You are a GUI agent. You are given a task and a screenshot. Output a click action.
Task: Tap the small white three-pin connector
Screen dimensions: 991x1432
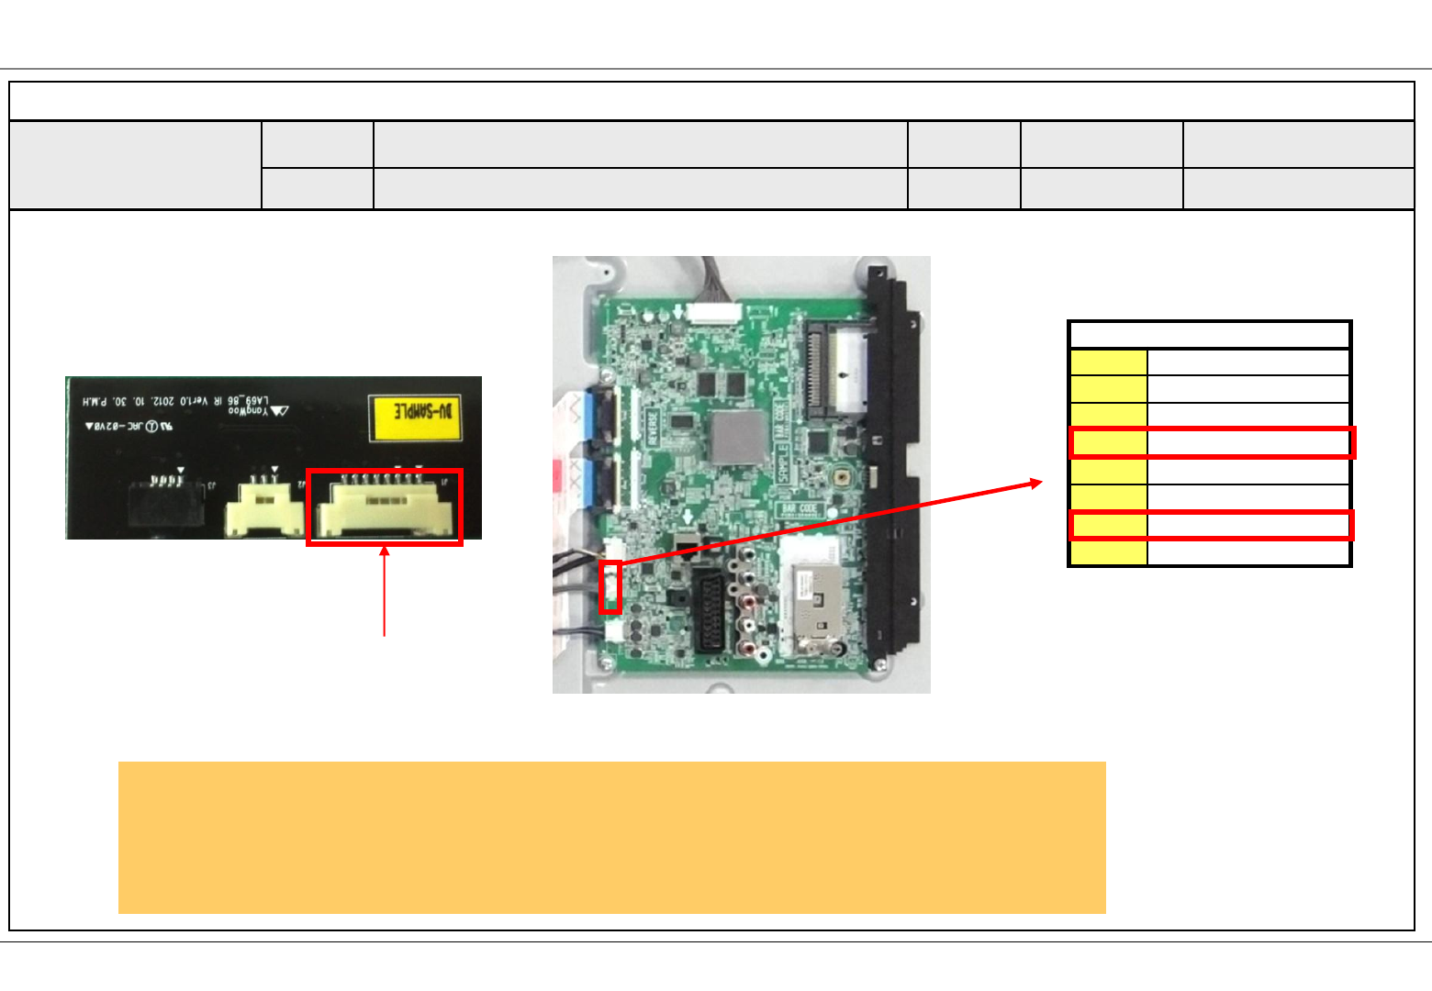(265, 507)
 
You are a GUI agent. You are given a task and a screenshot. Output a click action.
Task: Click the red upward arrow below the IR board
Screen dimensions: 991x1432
(385, 587)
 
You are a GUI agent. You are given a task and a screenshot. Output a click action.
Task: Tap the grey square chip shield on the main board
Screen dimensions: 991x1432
(737, 437)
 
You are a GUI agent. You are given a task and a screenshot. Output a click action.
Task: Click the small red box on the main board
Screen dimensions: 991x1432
(610, 586)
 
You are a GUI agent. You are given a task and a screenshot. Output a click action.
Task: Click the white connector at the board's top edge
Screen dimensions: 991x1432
(713, 312)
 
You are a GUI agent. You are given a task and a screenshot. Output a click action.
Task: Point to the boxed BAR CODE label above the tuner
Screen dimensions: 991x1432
(799, 507)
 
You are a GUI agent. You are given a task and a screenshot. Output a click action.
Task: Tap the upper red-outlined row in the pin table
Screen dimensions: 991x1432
(1212, 443)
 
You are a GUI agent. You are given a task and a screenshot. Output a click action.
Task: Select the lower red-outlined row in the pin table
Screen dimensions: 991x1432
(1212, 525)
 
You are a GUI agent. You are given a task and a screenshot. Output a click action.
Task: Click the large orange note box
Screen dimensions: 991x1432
(611, 837)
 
